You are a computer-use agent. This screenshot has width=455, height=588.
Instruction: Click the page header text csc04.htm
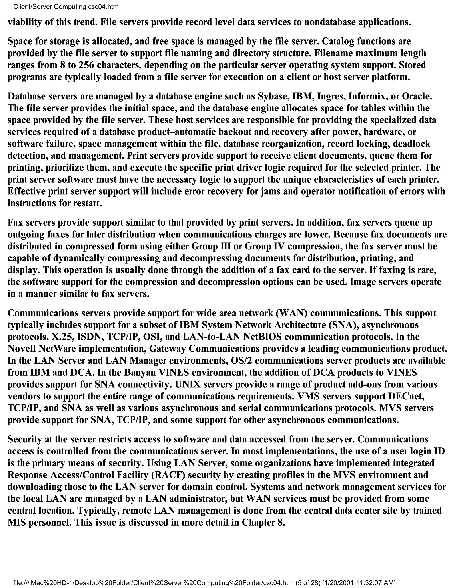pos(103,7)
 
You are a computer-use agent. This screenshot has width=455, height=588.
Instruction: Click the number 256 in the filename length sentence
pos(86,65)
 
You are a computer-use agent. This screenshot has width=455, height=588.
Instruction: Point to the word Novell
pos(22,348)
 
